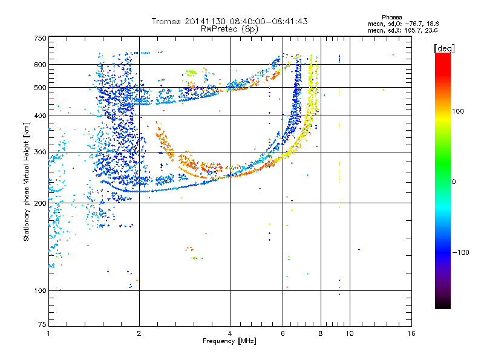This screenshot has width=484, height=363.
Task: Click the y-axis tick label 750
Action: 40,38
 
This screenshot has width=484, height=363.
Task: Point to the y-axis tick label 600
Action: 40,64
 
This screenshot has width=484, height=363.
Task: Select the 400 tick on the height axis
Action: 40,116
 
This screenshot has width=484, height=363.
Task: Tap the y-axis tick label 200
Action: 40,203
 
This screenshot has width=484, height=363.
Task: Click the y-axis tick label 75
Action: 42,325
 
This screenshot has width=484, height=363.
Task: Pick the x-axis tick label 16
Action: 411,333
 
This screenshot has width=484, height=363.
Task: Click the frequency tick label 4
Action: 230,333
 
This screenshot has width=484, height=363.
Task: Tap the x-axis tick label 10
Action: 350,333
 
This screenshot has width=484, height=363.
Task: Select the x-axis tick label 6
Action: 283,333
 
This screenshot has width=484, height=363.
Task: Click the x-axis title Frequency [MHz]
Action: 229,342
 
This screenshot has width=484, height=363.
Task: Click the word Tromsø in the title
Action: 167,21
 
